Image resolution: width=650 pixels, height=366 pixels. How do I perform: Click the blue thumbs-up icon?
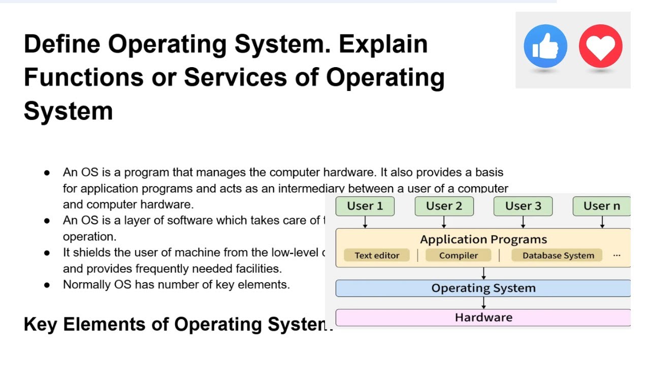545,46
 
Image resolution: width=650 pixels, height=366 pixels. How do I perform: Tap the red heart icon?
600,46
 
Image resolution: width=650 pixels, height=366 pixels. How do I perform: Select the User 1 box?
365,206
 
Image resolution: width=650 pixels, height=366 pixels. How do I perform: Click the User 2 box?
444,206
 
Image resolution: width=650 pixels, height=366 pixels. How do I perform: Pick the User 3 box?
523,206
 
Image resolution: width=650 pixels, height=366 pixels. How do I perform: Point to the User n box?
601,206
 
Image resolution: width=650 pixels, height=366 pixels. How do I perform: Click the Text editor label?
377,255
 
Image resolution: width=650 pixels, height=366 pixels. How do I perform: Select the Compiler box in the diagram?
459,255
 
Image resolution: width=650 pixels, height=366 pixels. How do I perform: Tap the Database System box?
558,255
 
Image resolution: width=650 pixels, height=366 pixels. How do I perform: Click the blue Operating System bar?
483,288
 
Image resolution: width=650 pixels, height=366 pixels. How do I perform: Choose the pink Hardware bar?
483,318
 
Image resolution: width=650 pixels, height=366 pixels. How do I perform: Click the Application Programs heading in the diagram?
483,239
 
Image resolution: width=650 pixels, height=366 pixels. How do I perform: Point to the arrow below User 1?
365,222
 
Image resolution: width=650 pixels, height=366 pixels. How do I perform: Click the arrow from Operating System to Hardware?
483,303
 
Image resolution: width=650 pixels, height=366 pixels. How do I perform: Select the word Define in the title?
61,44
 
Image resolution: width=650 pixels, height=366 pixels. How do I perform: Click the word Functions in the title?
83,77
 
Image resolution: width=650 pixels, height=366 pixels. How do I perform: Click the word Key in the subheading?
40,324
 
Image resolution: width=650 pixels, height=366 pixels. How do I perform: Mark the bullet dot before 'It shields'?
47,253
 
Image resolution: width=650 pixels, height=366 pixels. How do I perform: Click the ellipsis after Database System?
616,255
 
